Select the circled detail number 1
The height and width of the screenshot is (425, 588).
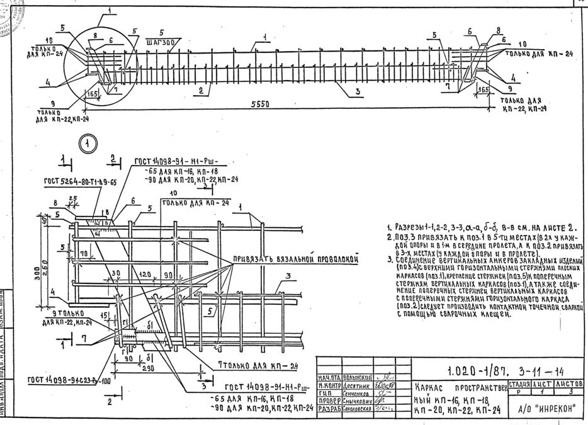coord(88,144)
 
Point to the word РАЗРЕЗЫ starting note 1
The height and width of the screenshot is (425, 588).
coord(411,228)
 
